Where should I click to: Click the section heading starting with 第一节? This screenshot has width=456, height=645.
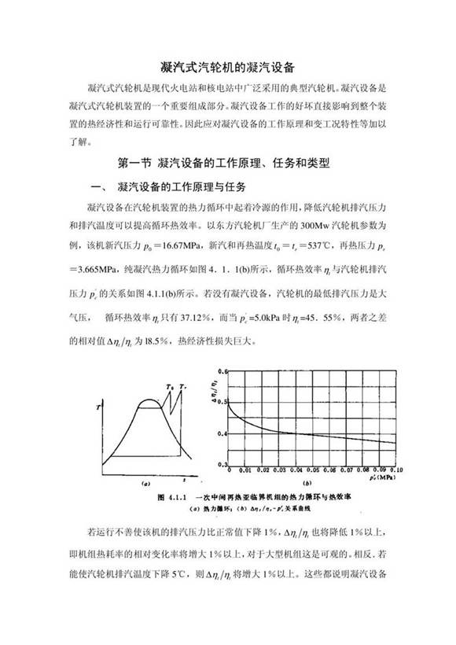pyautogui.click(x=227, y=164)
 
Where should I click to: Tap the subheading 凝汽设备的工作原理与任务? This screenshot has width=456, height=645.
pyautogui.click(x=181, y=187)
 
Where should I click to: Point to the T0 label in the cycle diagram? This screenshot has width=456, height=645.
pyautogui.click(x=171, y=386)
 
